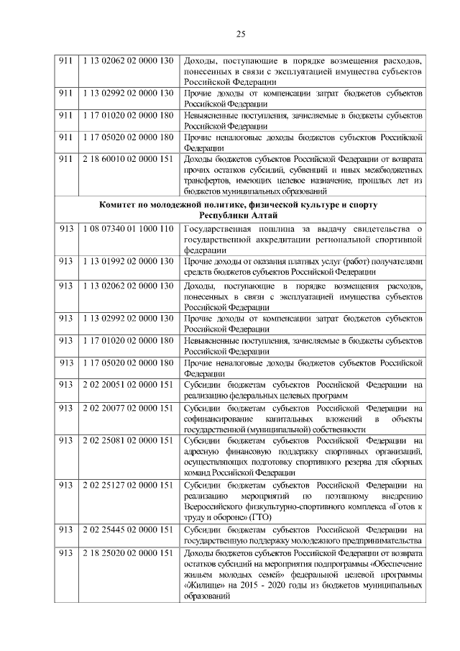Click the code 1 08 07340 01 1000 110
126,229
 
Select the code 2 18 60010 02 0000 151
126,158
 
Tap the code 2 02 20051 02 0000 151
126,385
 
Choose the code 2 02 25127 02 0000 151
126,486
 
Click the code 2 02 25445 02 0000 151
126,529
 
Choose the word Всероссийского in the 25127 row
219,507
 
